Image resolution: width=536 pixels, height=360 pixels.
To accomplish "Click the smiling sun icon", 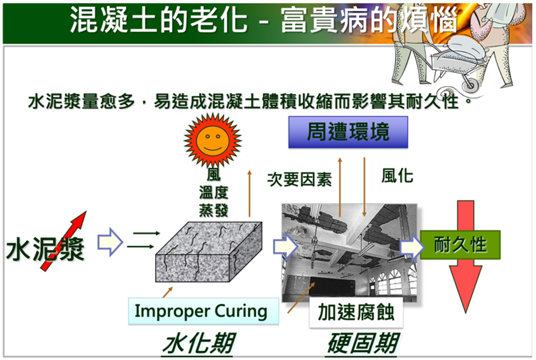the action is point(213,140).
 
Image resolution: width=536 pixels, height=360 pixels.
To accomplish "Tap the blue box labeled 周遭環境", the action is point(348,132).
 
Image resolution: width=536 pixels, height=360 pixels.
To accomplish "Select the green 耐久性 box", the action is point(460,245).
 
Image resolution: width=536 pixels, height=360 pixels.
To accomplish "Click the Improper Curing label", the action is point(203,311).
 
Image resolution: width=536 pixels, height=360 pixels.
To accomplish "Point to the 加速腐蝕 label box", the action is point(356,312).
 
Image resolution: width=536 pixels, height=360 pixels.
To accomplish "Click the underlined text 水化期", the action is point(199,344).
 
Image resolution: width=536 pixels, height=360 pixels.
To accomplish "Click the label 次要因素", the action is point(299,179).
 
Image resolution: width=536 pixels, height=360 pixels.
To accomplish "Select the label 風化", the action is point(397,176).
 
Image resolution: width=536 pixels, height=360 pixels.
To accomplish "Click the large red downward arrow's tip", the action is point(466,312).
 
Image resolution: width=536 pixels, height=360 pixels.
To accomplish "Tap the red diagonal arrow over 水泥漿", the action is point(63,241).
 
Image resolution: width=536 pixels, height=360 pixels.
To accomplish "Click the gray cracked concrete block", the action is point(209,252).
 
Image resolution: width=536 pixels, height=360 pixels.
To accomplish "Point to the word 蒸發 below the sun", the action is point(213,211).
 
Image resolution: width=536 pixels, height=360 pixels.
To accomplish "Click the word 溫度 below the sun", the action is point(213,193).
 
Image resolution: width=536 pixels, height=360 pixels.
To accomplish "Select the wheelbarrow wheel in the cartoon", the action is point(470,82).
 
